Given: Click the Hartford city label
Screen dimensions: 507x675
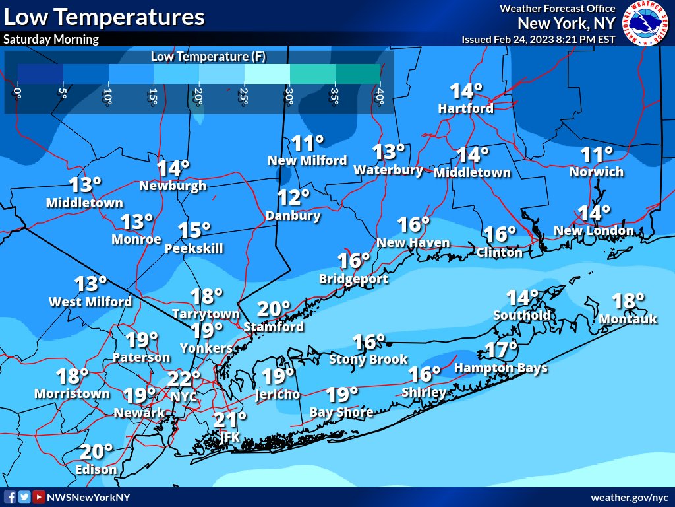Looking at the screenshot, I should (x=466, y=108).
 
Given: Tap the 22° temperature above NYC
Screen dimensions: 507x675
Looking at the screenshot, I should (x=183, y=379).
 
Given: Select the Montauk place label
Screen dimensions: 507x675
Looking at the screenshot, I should (x=628, y=320).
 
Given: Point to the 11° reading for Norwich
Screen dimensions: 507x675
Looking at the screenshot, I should (x=597, y=155).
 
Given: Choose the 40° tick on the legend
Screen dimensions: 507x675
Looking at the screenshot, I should (x=380, y=97).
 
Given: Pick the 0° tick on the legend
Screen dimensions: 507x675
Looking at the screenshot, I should (x=18, y=97).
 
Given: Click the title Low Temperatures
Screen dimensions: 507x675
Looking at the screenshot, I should (x=104, y=17).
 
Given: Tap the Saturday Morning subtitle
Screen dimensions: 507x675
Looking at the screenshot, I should (x=51, y=39).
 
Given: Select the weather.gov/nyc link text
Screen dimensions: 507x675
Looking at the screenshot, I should (x=630, y=497).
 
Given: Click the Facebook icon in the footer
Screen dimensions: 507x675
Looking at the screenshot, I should (x=11, y=497).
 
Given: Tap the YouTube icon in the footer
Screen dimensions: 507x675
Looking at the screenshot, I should (x=39, y=497).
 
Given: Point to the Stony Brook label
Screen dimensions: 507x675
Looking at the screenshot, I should (x=368, y=360).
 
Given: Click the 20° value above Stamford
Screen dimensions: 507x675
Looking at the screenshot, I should (x=274, y=309).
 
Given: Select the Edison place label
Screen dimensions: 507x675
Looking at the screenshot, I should (x=96, y=470).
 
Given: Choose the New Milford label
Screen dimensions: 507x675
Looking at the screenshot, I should (x=307, y=160).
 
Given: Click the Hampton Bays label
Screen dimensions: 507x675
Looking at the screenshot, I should (x=501, y=368).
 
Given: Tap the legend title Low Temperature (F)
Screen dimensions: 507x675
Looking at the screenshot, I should (x=208, y=56).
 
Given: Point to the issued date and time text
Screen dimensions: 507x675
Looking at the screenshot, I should (x=539, y=39).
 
